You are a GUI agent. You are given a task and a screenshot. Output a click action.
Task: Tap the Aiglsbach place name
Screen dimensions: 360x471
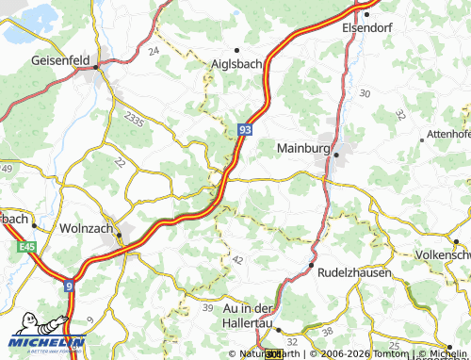pyautogui.click(x=235, y=62)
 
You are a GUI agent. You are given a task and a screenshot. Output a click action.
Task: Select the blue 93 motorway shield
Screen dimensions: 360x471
pyautogui.click(x=244, y=134)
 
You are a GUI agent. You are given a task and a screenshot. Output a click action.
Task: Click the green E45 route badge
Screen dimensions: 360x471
pyautogui.click(x=27, y=247)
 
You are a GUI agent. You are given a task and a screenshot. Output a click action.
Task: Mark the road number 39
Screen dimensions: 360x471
pyautogui.click(x=206, y=308)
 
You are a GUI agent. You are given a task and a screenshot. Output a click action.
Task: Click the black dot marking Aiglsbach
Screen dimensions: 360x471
pyautogui.click(x=236, y=49)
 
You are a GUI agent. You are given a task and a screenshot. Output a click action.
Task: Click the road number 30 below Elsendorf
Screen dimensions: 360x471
pyautogui.click(x=365, y=94)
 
